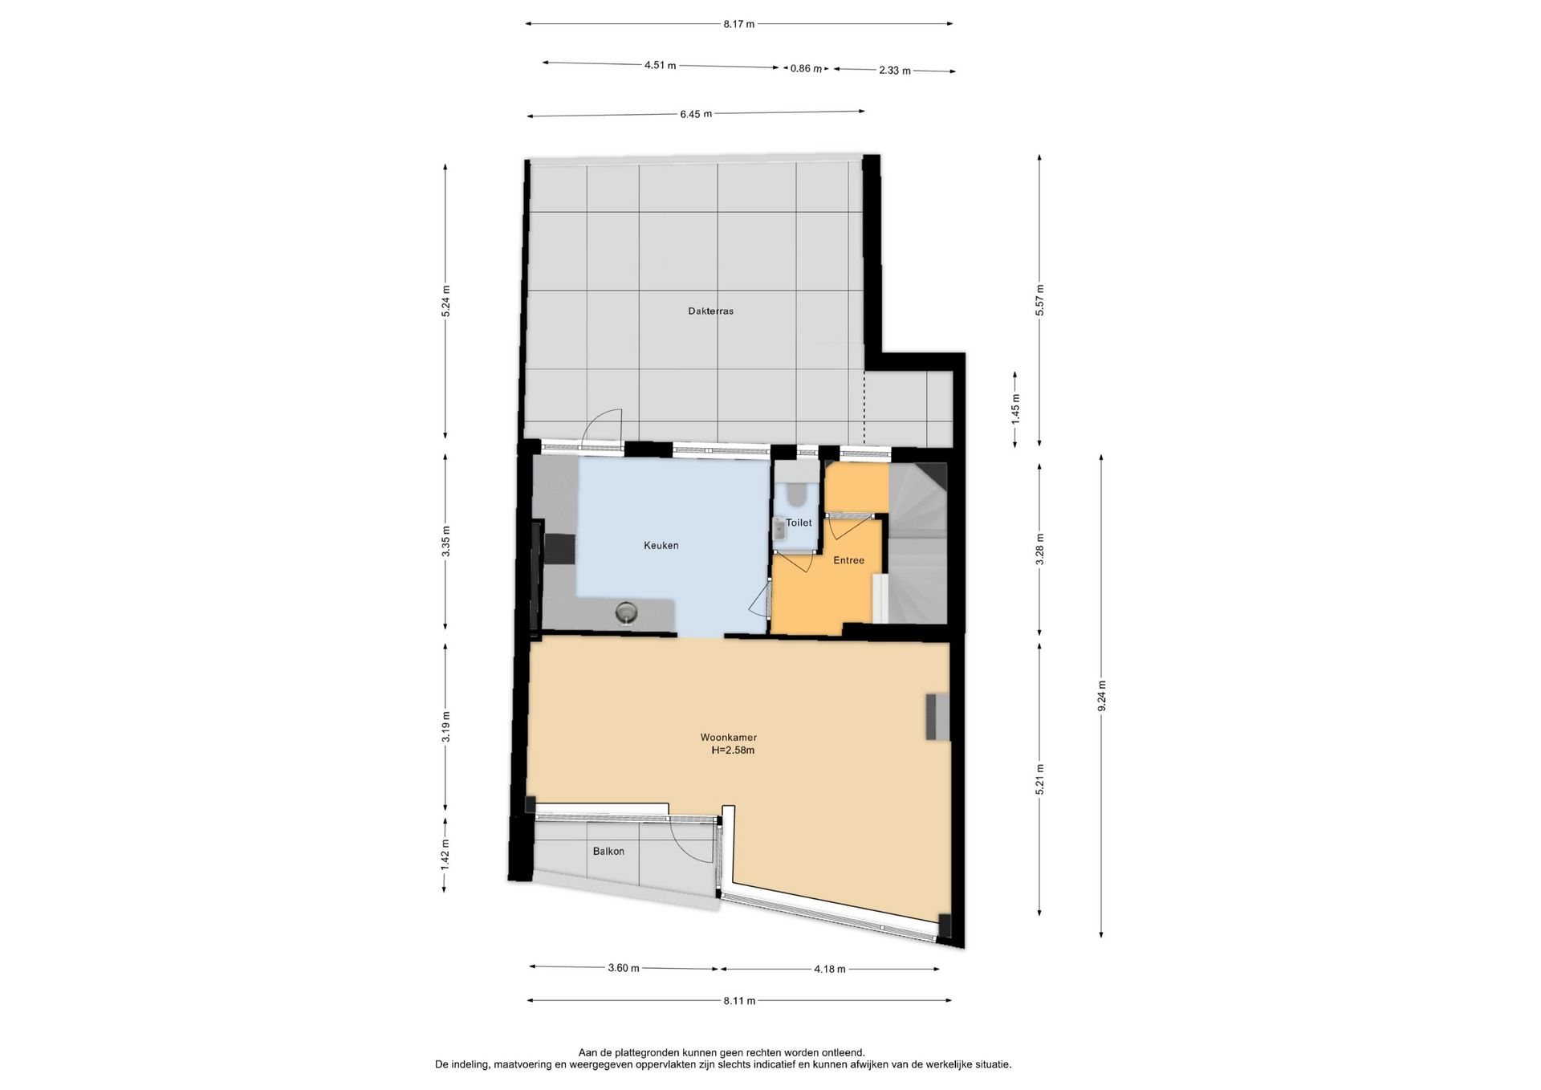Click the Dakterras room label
coord(710,311)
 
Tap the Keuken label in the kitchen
coord(661,546)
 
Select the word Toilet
coord(799,523)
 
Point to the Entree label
coord(848,560)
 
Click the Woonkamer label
coord(729,738)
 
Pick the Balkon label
coord(608,852)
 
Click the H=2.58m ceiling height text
coord(733,751)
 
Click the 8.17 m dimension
coord(739,24)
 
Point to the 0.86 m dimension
coord(807,69)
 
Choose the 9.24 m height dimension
coord(1102,695)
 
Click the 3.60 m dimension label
coord(624,968)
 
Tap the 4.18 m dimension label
coord(830,970)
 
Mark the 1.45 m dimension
coord(1015,409)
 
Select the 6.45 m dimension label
coord(696,114)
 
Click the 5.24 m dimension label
coord(446,301)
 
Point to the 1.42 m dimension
coord(446,855)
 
